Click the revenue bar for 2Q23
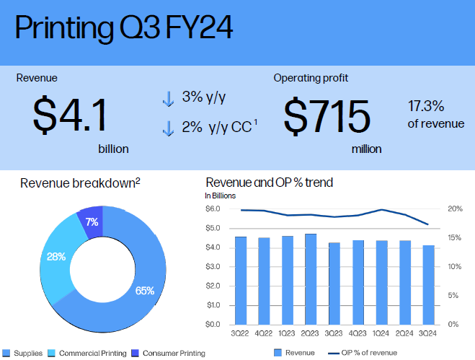click(x=311, y=278)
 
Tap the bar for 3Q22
click(x=241, y=280)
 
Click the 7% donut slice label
click(x=92, y=222)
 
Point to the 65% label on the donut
click(x=145, y=291)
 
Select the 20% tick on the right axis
click(x=454, y=209)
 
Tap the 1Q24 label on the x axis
click(x=381, y=334)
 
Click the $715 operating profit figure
click(x=326, y=115)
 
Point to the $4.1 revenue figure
click(x=70, y=115)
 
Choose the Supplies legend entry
click(x=23, y=353)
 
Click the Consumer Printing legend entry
click(x=169, y=353)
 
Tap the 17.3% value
click(x=427, y=105)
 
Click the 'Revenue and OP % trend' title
click(x=269, y=183)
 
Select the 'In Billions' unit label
click(x=221, y=195)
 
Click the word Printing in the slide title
click(x=61, y=30)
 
